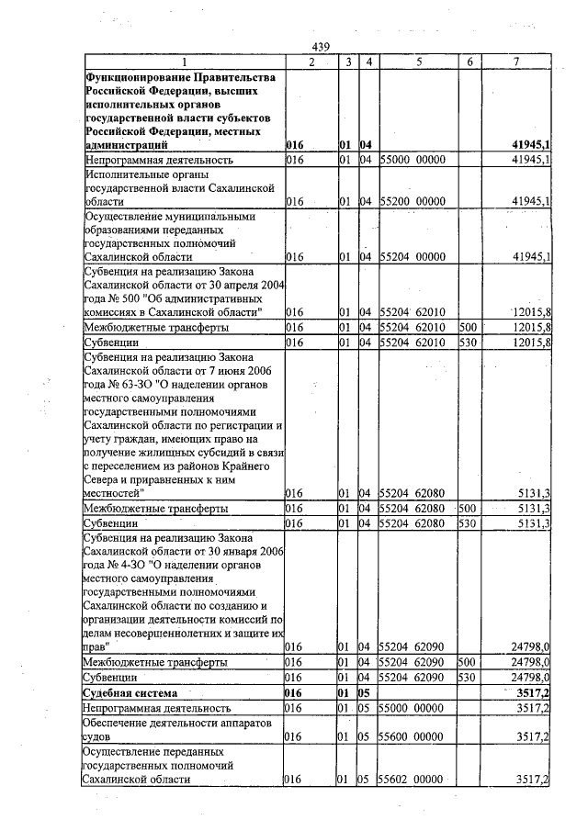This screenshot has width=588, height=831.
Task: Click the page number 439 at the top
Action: pos(321,47)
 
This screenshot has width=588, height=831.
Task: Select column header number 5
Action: pos(418,62)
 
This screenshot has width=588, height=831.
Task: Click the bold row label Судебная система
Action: pos(128,693)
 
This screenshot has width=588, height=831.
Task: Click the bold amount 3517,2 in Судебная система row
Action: pos(533,693)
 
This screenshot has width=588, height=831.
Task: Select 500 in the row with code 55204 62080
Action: pos(468,508)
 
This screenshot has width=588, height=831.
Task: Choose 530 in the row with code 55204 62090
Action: pos(468,677)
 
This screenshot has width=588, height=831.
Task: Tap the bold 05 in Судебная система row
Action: pos(365,693)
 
